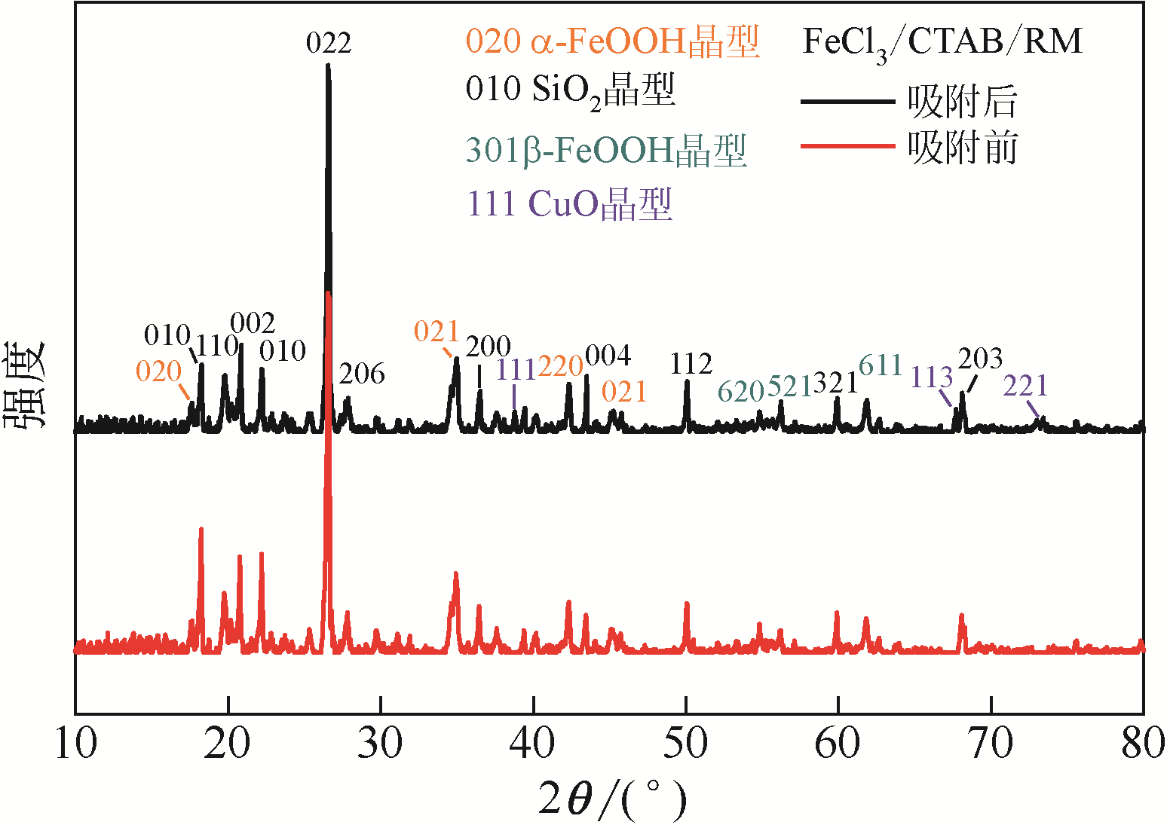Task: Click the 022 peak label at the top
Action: tap(329, 43)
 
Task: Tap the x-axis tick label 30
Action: tap(380, 744)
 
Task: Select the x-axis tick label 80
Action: tap(1143, 744)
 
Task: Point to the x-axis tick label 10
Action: tap(76, 744)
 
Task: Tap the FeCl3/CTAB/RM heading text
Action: tap(942, 42)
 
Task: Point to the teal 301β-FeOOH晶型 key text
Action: tap(605, 150)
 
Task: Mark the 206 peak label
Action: tap(362, 374)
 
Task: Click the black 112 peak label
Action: tap(691, 365)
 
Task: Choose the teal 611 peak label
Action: tap(881, 365)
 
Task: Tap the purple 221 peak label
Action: tap(1025, 386)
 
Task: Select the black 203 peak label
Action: tap(980, 359)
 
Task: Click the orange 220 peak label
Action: tap(560, 366)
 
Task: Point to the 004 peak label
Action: tap(608, 356)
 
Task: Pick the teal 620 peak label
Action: tap(741, 392)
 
